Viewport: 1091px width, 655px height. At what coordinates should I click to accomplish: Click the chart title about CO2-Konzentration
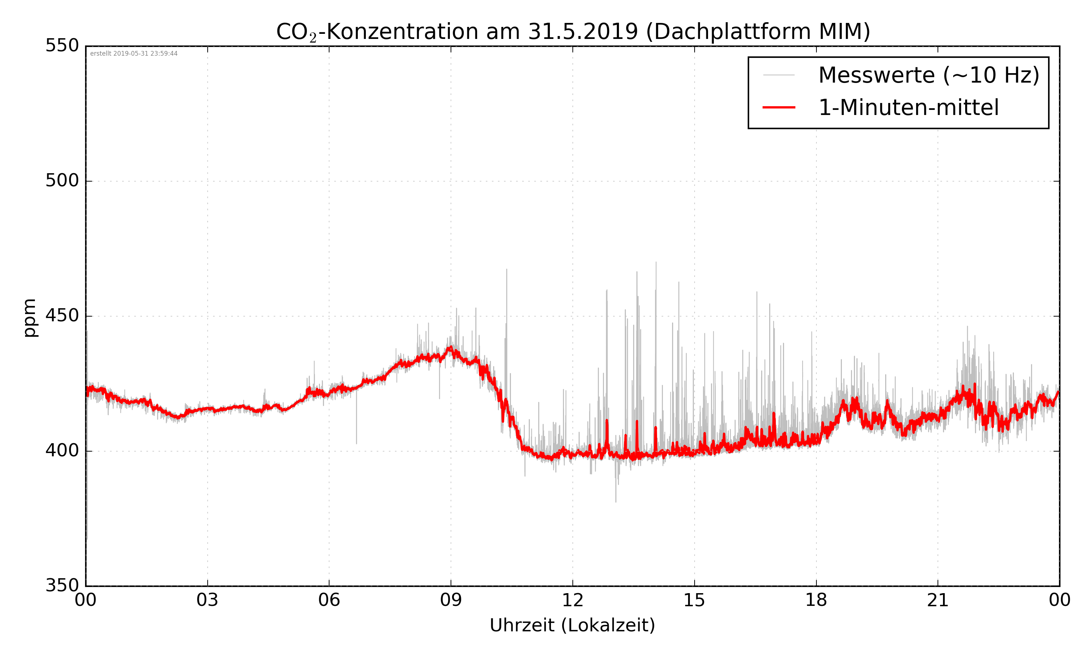click(573, 32)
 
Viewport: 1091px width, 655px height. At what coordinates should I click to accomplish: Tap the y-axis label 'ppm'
click(29, 318)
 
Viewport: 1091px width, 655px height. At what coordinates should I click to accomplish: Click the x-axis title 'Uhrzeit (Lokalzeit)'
click(572, 625)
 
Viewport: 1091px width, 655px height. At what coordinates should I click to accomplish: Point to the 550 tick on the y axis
click(62, 46)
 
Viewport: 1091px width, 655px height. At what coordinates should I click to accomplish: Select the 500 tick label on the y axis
click(62, 181)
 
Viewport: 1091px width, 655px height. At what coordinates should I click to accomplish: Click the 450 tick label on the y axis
click(62, 316)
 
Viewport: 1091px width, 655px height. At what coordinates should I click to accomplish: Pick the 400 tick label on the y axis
click(62, 451)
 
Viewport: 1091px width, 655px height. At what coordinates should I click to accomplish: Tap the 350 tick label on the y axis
click(62, 586)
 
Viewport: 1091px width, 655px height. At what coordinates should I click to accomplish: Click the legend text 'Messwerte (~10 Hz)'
click(929, 75)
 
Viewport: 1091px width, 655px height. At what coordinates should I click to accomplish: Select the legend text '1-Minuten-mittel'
click(908, 108)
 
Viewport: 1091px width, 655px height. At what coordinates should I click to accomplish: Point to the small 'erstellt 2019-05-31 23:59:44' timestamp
click(133, 54)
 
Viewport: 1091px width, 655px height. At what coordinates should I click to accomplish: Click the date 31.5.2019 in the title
click(583, 32)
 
